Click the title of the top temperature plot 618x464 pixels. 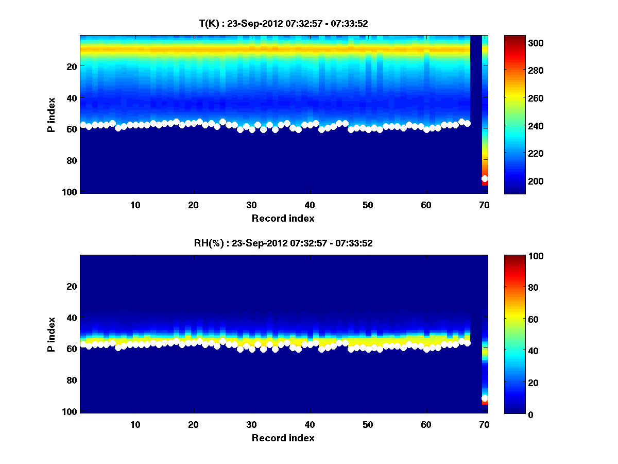click(x=283, y=23)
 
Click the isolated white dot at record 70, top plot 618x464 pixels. click(x=485, y=178)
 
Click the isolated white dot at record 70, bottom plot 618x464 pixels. click(x=485, y=398)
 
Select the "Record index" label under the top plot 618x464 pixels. click(x=283, y=218)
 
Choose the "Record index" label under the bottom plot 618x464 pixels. click(x=283, y=438)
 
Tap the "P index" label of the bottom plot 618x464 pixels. click(x=51, y=334)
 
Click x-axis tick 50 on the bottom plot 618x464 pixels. click(x=368, y=424)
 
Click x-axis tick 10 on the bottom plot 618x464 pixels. click(x=135, y=424)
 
